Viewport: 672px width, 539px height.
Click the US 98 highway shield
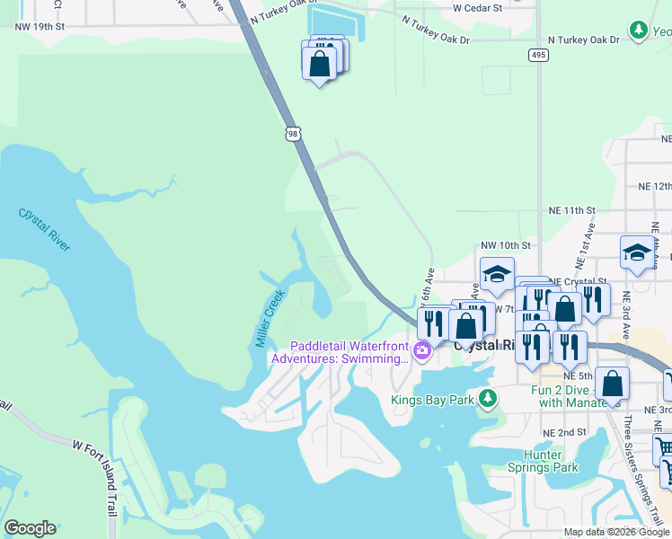click(293, 134)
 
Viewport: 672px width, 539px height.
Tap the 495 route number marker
click(538, 56)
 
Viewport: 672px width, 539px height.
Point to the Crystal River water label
click(44, 229)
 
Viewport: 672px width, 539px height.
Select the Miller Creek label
click(270, 318)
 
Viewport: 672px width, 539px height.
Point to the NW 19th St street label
click(40, 27)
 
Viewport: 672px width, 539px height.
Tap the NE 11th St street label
click(572, 210)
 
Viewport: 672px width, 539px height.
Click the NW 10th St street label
click(506, 244)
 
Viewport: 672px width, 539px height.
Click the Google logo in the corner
click(30, 528)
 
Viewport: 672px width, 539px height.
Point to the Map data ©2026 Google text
click(615, 532)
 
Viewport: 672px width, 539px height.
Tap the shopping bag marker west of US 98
click(319, 64)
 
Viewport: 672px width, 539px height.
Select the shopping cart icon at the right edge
click(664, 446)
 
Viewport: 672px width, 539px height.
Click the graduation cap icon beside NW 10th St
click(496, 275)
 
